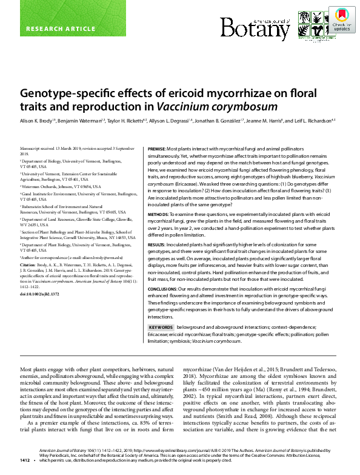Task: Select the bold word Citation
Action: coord(29,265)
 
